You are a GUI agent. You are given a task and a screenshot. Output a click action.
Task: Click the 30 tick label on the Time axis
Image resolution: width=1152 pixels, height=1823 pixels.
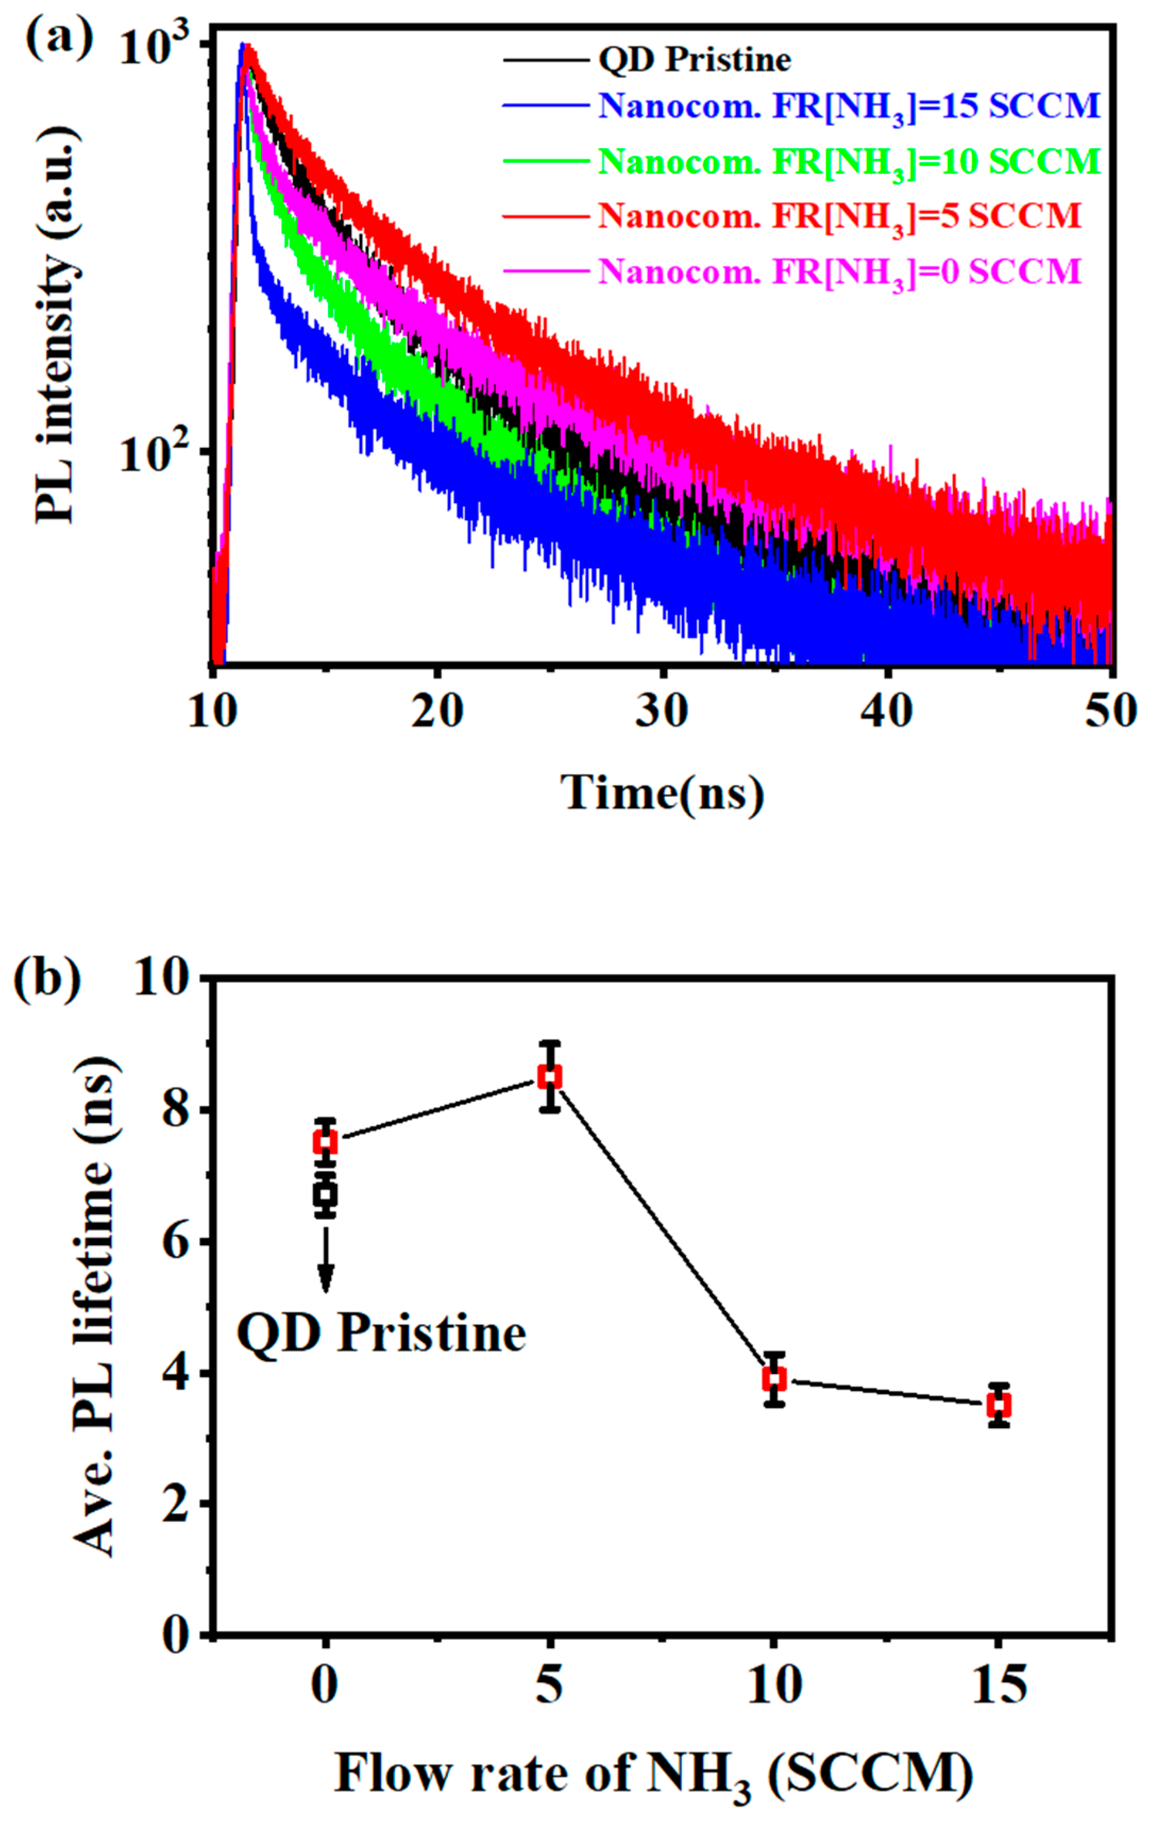[x=662, y=712]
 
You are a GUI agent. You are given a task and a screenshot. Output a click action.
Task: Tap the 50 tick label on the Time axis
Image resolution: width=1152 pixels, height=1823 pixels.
[x=1109, y=712]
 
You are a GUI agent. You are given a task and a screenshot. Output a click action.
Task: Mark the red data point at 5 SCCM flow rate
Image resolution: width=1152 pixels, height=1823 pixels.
[x=549, y=1077]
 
